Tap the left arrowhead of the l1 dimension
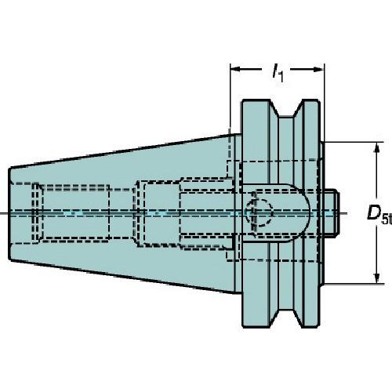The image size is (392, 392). pos(234,68)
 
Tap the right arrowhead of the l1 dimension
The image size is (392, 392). pos(321,68)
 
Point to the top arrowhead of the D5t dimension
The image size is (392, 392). pos(378,146)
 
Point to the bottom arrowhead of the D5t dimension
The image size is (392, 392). pos(378,278)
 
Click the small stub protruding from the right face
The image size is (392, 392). pos(333,212)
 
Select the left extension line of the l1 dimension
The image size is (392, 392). pos(230,94)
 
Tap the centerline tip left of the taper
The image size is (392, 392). pos(3,212)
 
